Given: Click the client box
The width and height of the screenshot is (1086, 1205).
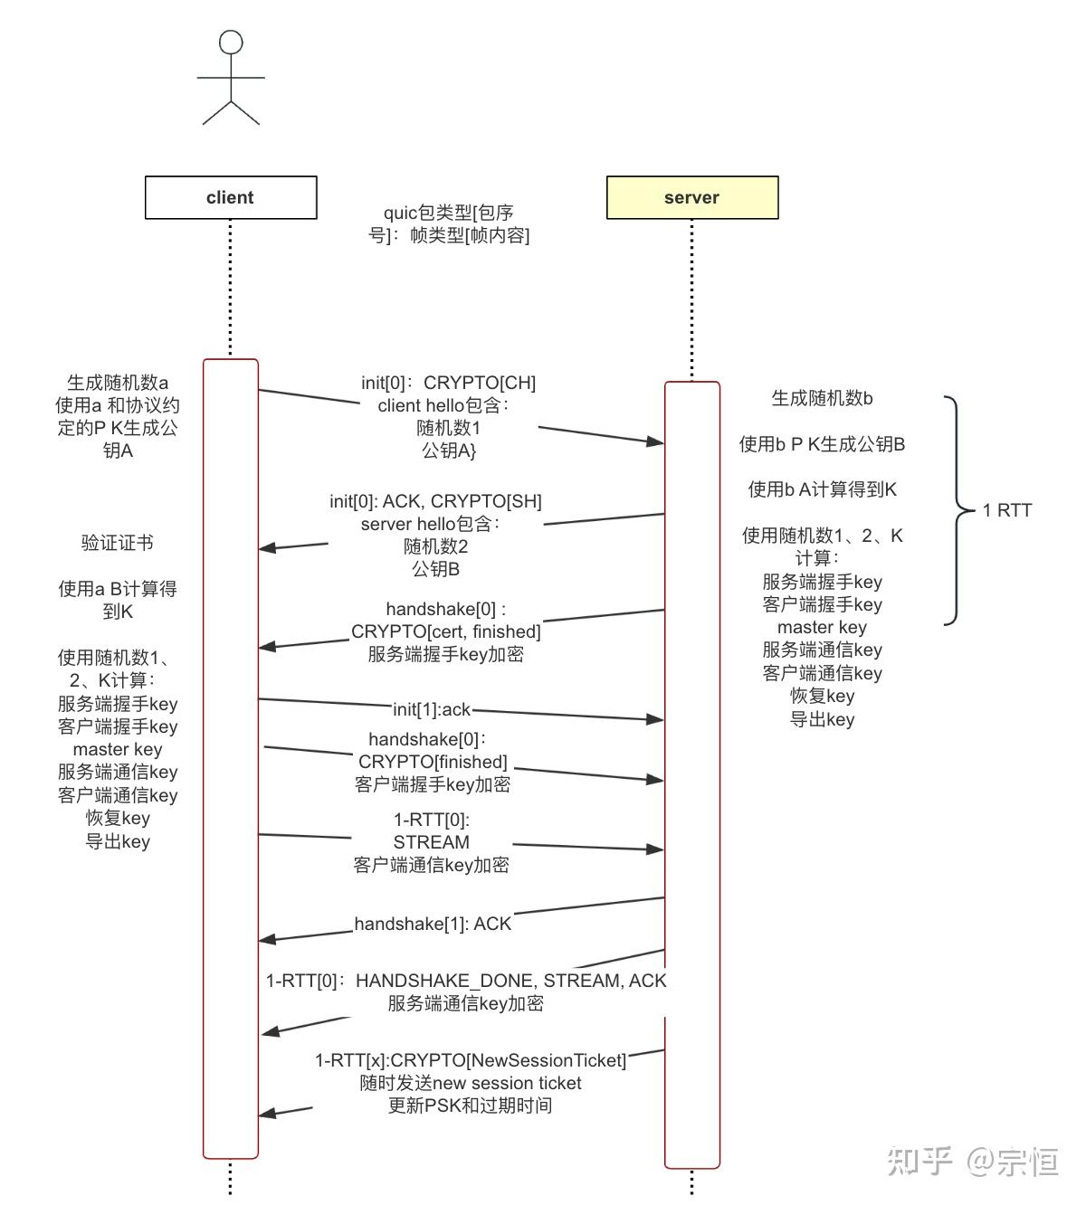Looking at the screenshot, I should coord(231,197).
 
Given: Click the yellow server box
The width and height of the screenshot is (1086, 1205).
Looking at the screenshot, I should coord(691,197).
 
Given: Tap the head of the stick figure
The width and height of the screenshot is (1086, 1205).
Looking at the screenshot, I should coord(232,43).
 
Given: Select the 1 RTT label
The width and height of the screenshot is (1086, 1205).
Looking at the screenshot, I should coord(1006,510).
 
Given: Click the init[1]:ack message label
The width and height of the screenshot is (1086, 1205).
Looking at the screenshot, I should coord(432,709).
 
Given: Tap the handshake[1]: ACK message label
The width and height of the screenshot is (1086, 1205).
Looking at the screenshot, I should coord(433,924).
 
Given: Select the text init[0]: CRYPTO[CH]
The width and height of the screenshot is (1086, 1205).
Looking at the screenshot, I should coord(448,383).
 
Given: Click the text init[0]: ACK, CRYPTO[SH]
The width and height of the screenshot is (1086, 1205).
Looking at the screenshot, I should coord(435,501).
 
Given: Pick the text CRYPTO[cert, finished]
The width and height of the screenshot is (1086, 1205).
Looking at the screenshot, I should coord(445,631).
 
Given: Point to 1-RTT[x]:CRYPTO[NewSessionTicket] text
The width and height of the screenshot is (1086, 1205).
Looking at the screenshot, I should coord(470,1060).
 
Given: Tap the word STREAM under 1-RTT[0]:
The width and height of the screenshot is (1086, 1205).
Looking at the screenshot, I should coord(431,842).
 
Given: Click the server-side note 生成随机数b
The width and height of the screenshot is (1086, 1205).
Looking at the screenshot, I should coord(822,398).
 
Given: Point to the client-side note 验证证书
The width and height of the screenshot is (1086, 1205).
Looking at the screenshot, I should coord(118,543).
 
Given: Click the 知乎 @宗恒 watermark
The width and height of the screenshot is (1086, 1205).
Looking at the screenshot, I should coord(972,1161).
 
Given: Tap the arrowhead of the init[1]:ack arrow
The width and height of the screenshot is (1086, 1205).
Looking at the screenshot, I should coord(656,720).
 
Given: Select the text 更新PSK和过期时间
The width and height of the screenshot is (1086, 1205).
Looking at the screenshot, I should coord(470,1105).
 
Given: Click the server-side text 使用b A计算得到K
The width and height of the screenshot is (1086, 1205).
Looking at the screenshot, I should coord(822,489).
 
